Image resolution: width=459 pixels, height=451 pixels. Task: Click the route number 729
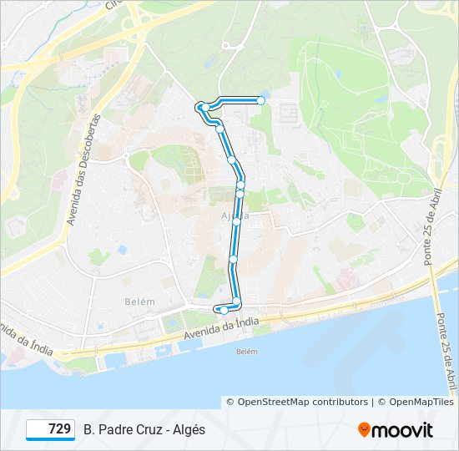click(x=59, y=429)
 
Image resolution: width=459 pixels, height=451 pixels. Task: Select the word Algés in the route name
click(x=188, y=429)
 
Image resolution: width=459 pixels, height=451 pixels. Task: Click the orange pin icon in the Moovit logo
click(x=364, y=430)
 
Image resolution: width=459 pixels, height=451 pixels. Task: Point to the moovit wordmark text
click(x=402, y=430)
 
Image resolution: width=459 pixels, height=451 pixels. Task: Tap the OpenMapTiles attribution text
click(x=421, y=402)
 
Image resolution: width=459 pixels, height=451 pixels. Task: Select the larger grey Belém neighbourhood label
click(x=139, y=301)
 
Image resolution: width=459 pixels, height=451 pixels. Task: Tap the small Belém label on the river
click(x=247, y=352)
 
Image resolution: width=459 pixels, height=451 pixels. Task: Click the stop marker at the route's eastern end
click(x=260, y=100)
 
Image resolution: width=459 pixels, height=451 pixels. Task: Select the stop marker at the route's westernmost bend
click(x=200, y=106)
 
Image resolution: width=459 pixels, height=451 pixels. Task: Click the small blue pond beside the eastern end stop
click(x=265, y=94)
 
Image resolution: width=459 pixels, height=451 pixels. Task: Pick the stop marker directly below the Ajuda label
click(x=236, y=221)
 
